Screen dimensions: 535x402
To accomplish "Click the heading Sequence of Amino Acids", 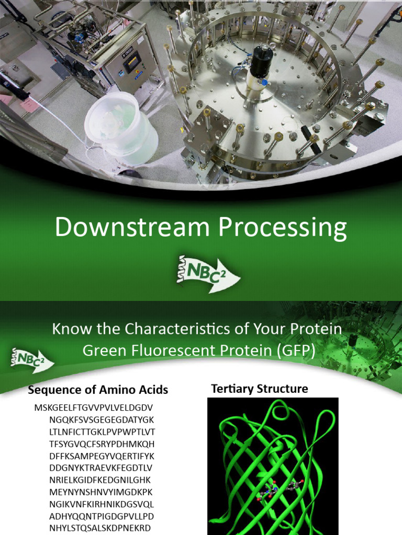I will (98, 390).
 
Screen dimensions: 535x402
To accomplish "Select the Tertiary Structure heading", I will (259, 389).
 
